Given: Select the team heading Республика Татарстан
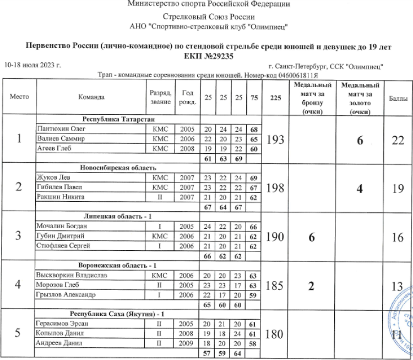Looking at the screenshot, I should (118, 119).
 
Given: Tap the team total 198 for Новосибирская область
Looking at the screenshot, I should (275, 188).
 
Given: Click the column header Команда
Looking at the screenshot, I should (91, 97).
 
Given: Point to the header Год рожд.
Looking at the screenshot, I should (187, 97).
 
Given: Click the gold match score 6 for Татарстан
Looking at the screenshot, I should (360, 140).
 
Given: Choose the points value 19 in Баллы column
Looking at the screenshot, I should (398, 188).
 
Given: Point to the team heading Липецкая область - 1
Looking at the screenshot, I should (118, 216).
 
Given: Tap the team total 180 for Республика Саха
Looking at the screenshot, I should (275, 334).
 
